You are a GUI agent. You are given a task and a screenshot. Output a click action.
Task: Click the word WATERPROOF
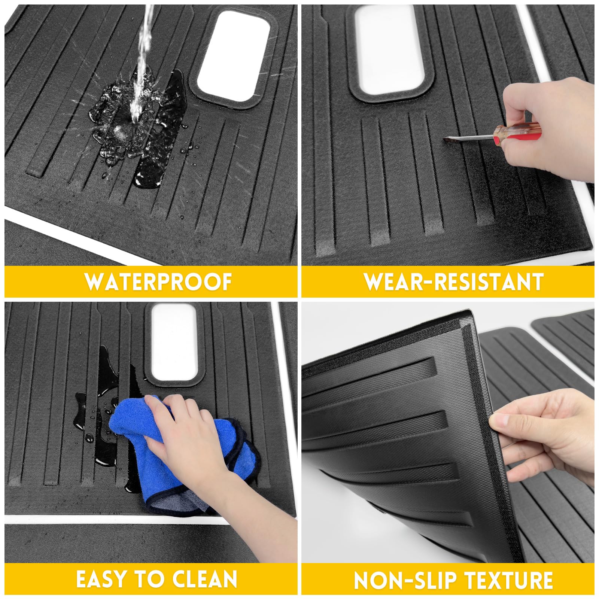coord(158,282)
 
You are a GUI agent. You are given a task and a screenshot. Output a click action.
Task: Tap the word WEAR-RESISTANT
coord(454,282)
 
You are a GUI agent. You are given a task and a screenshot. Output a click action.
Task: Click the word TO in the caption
coord(148,579)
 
